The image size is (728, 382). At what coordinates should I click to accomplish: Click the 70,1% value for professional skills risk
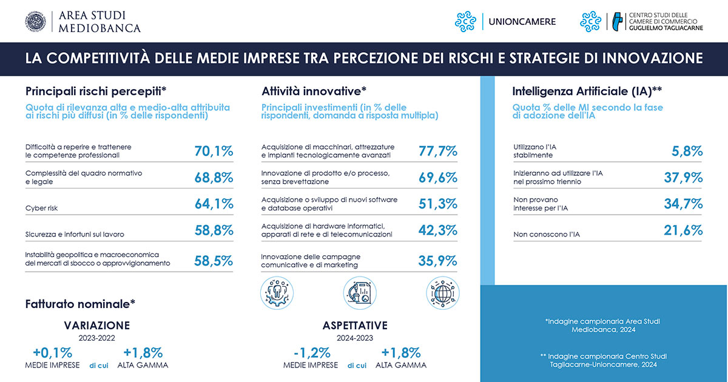point(214,151)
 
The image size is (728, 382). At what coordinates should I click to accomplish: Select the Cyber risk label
point(41,208)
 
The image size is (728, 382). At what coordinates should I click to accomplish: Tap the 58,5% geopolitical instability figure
point(214,261)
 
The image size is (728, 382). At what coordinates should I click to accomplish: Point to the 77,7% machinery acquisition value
point(438,151)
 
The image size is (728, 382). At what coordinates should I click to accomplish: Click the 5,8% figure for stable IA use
point(687,151)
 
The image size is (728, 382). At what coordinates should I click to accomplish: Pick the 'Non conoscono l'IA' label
point(547,234)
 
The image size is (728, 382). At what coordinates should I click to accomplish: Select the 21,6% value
point(683,230)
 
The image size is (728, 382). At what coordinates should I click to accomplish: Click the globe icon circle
point(443,293)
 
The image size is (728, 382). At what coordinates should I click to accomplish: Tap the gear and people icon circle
point(277,293)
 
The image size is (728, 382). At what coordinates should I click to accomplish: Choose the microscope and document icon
point(360,293)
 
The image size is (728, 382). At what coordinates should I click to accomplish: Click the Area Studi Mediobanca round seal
point(36,22)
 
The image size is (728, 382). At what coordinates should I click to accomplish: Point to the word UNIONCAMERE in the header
point(522,22)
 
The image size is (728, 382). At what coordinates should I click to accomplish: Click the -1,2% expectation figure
point(312,353)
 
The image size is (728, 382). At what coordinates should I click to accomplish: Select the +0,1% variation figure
point(53,353)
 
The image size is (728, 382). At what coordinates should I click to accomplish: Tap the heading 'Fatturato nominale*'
point(80,304)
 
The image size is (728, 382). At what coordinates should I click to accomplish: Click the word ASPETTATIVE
point(355,326)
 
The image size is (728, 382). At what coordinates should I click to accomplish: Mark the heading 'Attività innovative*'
point(314,92)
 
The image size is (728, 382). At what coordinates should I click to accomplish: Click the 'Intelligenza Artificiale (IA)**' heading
point(587,92)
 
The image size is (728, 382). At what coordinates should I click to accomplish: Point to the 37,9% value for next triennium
point(683,178)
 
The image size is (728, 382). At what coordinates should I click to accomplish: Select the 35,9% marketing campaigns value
point(437,261)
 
